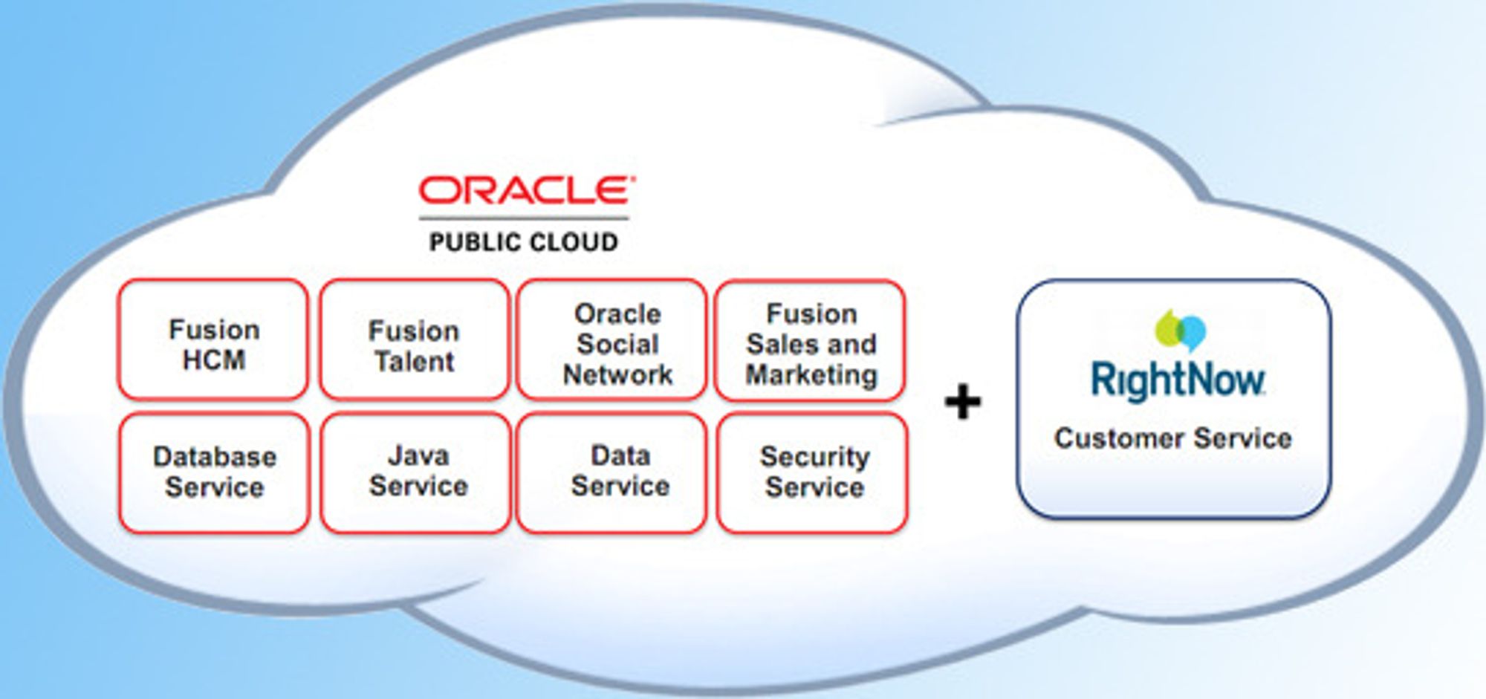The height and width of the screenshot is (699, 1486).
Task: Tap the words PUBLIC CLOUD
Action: tap(524, 242)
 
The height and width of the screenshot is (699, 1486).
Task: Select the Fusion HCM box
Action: tap(213, 339)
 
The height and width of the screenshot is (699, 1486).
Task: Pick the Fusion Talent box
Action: tap(415, 339)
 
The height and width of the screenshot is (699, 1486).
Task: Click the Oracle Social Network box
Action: tap(611, 339)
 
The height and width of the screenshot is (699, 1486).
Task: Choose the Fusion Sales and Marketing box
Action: tap(811, 340)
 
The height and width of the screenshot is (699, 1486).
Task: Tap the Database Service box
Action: tap(214, 473)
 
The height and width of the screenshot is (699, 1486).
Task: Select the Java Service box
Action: tap(416, 473)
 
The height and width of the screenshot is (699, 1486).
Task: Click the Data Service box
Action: tap(611, 473)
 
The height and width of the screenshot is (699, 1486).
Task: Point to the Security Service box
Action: tap(812, 473)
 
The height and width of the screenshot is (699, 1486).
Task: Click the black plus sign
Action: tap(963, 402)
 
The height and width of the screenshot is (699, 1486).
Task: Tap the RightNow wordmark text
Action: tap(1178, 380)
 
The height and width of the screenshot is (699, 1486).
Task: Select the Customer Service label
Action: tap(1173, 438)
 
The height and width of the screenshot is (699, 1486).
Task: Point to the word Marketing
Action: tap(812, 375)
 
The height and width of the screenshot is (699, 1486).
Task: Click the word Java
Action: tap(418, 455)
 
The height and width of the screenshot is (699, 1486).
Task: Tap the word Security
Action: tap(815, 457)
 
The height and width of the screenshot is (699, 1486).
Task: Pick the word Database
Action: tap(215, 457)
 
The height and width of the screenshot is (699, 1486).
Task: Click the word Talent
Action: tap(415, 362)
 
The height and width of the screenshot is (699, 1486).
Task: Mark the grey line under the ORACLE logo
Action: tap(524, 218)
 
